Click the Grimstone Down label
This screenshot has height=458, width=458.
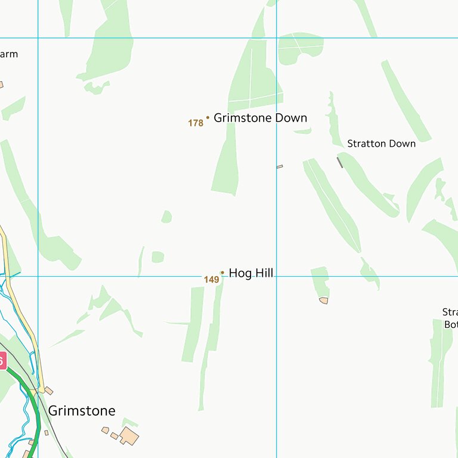[x=260, y=118]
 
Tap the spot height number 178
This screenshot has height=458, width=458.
[x=196, y=123]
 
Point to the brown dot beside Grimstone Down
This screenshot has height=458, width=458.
[x=208, y=117]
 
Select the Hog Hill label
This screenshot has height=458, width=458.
[x=250, y=273]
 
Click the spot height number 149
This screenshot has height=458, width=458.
[x=211, y=280]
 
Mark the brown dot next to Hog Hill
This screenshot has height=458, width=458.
[x=222, y=273]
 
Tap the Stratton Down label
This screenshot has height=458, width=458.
[x=381, y=144]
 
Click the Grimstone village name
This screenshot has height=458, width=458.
[x=82, y=411]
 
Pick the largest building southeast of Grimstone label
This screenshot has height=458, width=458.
[x=129, y=436]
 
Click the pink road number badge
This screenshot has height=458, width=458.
[x=2, y=361]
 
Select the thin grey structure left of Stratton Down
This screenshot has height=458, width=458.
[x=340, y=162]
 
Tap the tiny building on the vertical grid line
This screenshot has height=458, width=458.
[x=279, y=166]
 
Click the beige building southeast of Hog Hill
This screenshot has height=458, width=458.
[x=324, y=301]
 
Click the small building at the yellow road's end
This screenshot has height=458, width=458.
[x=49, y=391]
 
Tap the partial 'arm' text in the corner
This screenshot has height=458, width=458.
[x=8, y=54]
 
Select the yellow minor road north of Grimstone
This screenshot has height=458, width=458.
[x=21, y=316]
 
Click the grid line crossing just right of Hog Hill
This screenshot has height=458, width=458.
[x=276, y=276]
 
